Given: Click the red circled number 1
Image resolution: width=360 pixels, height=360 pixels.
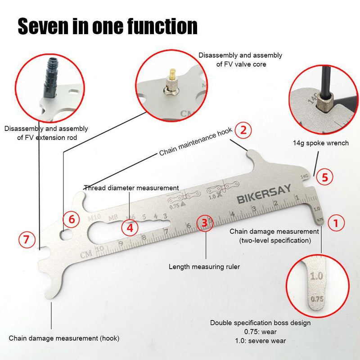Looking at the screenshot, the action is pyautogui.click(x=336, y=223).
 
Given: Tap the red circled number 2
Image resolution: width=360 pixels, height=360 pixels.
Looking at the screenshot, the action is pyautogui.click(x=243, y=130).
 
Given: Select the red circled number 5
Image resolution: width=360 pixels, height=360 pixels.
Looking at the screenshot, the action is pyautogui.click(x=324, y=177).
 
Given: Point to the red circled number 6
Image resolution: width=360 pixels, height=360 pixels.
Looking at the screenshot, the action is pyautogui.click(x=71, y=219).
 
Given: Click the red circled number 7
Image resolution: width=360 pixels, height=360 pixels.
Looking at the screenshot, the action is pyautogui.click(x=27, y=239).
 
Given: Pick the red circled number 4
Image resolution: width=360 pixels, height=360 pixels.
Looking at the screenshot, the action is pyautogui.click(x=130, y=228).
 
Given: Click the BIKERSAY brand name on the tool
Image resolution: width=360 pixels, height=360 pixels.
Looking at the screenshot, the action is pyautogui.click(x=264, y=194).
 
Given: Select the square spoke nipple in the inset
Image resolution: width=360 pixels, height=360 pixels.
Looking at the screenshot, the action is pyautogui.click(x=324, y=103).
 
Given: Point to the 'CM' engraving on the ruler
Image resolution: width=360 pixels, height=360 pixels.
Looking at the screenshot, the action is pyautogui.click(x=86, y=254).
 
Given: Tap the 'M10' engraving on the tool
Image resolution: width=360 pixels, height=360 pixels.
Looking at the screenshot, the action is pyautogui.click(x=94, y=217).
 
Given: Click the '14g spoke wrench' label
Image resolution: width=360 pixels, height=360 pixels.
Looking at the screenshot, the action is pyautogui.click(x=321, y=143).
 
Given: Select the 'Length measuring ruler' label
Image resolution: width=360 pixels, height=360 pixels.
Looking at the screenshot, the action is pyautogui.click(x=204, y=266).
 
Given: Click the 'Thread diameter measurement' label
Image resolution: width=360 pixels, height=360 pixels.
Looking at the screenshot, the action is pyautogui.click(x=131, y=188).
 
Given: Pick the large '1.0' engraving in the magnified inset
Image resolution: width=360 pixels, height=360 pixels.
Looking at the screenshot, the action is pyautogui.click(x=316, y=276).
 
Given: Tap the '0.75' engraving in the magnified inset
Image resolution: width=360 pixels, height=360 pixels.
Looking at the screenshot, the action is pyautogui.click(x=317, y=299).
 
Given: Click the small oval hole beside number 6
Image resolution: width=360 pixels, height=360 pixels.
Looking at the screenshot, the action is pyautogui.click(x=66, y=234).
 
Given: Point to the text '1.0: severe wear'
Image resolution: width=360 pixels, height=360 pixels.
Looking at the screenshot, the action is pyautogui.click(x=261, y=341).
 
